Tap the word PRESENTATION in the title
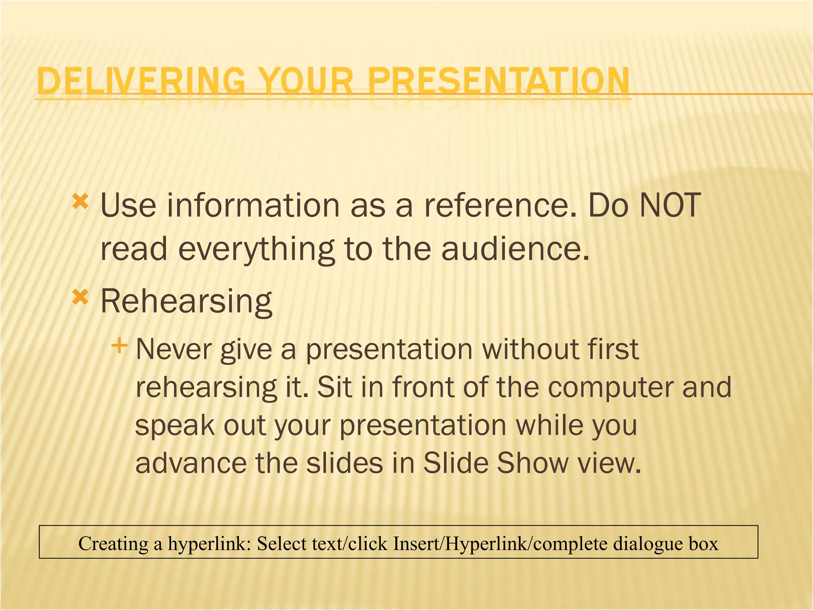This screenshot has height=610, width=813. click(498, 81)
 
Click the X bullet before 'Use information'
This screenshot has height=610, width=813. click(80, 202)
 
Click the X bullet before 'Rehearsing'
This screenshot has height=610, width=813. click(80, 297)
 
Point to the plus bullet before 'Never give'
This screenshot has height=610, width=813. click(119, 346)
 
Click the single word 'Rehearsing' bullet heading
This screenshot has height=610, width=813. click(186, 301)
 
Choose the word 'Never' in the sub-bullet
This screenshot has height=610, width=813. click(172, 349)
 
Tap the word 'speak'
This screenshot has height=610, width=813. click(175, 426)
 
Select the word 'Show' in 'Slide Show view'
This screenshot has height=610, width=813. click(532, 463)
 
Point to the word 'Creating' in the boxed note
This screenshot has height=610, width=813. click(114, 543)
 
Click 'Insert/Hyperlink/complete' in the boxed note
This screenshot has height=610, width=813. click(500, 543)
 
